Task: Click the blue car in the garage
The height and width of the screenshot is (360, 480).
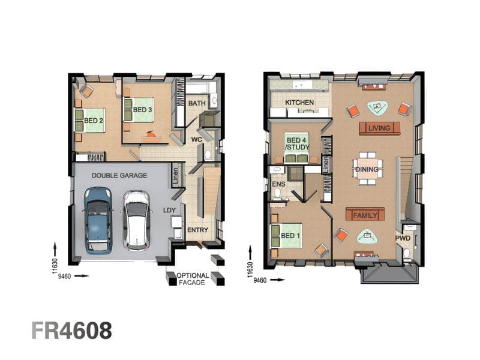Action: (x=98, y=221)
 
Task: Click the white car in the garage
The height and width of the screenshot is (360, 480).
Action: (x=137, y=221)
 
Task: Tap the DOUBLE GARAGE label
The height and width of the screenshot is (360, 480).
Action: (x=119, y=176)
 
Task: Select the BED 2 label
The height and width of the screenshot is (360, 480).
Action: (x=94, y=121)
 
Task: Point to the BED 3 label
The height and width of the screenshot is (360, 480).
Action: (x=142, y=110)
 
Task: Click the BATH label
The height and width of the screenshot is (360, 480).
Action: (x=197, y=103)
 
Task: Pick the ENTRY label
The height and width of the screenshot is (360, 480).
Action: (x=197, y=230)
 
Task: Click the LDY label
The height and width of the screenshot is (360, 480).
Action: (x=169, y=210)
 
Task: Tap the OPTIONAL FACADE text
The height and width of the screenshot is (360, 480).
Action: (x=193, y=279)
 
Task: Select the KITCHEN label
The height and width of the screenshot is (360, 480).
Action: (x=299, y=103)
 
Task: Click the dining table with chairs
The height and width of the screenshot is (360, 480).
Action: (x=367, y=169)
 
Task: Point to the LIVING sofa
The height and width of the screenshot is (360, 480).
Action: (x=380, y=128)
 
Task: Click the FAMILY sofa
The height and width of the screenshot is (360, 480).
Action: (x=365, y=214)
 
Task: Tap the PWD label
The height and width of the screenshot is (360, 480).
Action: (x=403, y=238)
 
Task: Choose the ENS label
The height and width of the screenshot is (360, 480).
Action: (x=278, y=184)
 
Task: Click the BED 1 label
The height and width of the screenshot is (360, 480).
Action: (x=290, y=236)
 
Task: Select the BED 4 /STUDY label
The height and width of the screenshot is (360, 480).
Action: (x=297, y=143)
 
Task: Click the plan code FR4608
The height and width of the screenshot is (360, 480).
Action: (x=71, y=331)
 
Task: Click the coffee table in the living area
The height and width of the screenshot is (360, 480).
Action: (x=377, y=107)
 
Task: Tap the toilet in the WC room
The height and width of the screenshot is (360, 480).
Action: (x=208, y=155)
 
